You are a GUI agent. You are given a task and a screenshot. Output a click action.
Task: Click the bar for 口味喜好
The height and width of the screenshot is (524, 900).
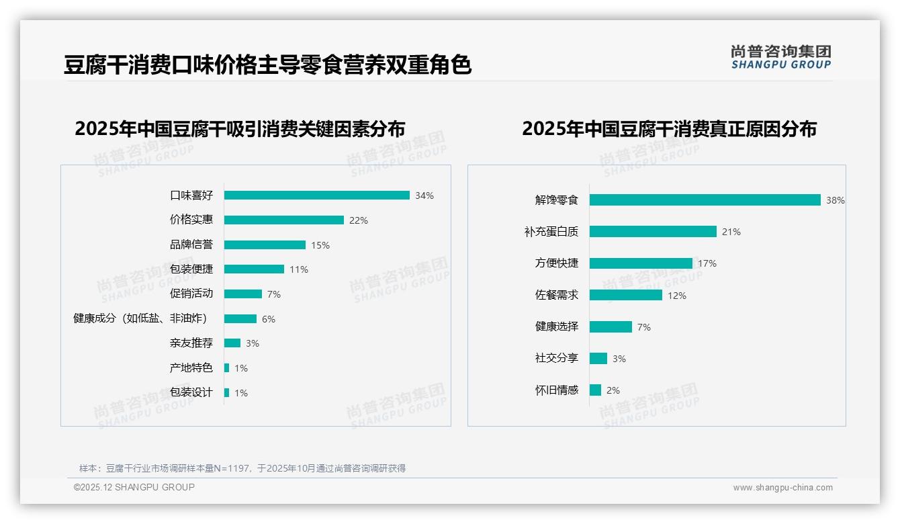[316, 195]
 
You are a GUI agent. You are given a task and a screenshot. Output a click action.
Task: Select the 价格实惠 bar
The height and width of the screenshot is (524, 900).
[283, 220]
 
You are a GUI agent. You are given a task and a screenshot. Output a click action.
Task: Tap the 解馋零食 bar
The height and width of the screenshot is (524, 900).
[705, 200]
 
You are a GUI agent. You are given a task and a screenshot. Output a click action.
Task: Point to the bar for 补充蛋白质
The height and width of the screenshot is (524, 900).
[653, 232]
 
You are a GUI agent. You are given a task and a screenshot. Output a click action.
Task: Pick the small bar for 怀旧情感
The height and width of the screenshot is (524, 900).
[595, 390]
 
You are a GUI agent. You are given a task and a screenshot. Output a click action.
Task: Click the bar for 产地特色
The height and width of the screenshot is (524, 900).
[227, 368]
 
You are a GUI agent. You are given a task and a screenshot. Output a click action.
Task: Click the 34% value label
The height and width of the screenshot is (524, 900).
[424, 196]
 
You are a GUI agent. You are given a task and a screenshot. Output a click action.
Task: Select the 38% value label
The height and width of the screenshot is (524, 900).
[836, 201]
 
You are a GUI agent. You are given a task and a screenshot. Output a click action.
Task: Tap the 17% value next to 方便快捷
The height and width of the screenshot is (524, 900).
[707, 264]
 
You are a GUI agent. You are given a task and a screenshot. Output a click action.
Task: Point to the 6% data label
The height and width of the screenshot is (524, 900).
[269, 319]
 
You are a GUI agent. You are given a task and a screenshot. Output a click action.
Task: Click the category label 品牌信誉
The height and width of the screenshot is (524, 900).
[191, 245]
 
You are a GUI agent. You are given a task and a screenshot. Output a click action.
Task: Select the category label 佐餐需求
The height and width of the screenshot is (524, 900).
[557, 295]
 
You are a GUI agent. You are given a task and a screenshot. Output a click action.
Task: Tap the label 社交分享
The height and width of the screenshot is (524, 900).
[557, 358]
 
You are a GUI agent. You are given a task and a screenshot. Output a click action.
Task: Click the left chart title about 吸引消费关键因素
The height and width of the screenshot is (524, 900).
[240, 129]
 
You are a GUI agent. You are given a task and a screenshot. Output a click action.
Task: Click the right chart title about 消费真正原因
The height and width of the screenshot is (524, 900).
[669, 129]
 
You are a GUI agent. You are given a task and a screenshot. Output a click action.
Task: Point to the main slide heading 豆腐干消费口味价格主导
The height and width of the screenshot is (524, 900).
[267, 65]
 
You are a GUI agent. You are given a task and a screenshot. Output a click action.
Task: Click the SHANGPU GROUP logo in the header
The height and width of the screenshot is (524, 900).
[781, 57]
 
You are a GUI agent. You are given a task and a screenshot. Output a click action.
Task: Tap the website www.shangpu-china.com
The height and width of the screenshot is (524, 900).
[782, 488]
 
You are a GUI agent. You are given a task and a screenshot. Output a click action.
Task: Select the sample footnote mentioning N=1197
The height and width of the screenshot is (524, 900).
[242, 468]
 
